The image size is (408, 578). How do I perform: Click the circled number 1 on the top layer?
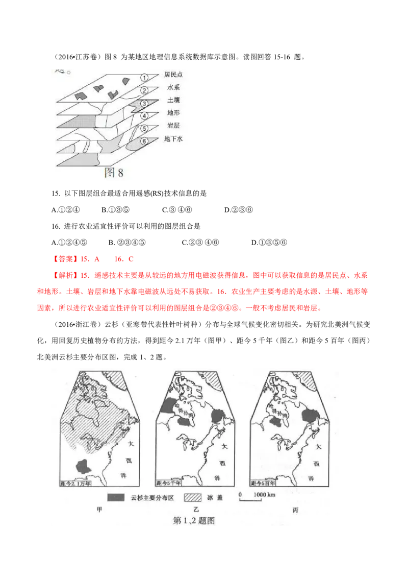click(144, 78)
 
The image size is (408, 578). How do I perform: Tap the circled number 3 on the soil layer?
click(144, 103)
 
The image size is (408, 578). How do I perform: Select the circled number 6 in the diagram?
click(144, 141)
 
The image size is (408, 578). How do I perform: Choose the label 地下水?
click(173, 138)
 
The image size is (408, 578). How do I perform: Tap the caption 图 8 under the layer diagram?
click(114, 173)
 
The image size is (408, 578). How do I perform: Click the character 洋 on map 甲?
click(122, 475)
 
